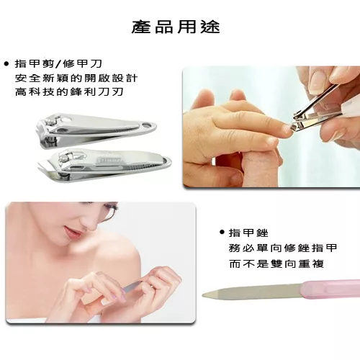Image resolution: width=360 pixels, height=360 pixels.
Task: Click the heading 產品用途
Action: (176, 27)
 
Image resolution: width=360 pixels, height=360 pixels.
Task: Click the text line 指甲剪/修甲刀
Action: (58, 64)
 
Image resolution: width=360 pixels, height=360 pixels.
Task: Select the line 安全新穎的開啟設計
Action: (76, 78)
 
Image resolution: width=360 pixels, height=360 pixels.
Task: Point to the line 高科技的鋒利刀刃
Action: (69, 91)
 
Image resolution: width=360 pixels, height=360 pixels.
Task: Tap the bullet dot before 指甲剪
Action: (6, 64)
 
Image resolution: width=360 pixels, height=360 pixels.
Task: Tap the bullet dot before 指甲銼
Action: (222, 232)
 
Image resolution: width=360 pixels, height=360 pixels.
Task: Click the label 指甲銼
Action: (248, 233)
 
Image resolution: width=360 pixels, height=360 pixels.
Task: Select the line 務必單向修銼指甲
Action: (283, 248)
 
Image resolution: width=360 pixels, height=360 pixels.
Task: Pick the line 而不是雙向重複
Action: (276, 264)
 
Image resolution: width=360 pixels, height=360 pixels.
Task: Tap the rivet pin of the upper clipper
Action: (51, 122)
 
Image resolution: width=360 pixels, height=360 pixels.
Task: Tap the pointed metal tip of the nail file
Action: (204, 295)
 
